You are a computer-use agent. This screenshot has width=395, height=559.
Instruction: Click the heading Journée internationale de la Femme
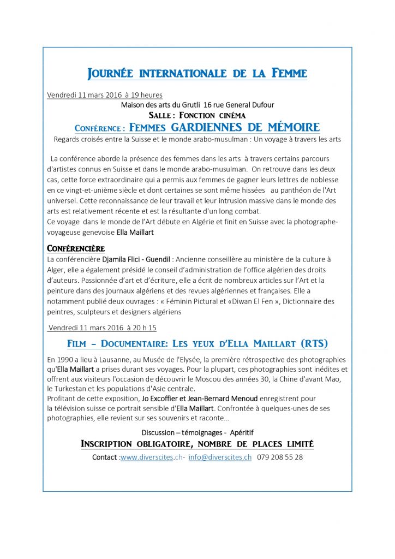pyautogui.click(x=197, y=73)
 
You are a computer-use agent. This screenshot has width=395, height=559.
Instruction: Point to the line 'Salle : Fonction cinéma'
pyautogui.click(x=197, y=115)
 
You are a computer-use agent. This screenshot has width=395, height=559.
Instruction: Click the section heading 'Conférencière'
pyautogui.click(x=76, y=248)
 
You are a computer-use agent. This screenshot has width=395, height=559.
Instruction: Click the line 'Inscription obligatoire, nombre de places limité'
pyautogui.click(x=197, y=444)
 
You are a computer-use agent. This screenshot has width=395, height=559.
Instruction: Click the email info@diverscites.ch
pyautogui.click(x=220, y=457)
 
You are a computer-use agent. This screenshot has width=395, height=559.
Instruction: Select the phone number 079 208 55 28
pyautogui.click(x=280, y=457)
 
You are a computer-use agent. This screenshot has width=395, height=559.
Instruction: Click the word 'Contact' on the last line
pyautogui.click(x=104, y=457)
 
